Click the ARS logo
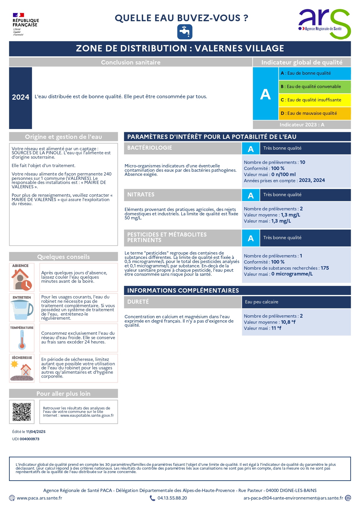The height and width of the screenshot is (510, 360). click(x=324, y=23)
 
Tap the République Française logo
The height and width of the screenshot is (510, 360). click(x=25, y=24)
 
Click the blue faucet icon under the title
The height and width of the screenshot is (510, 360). click(x=185, y=32)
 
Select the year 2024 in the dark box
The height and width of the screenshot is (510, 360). click(x=20, y=97)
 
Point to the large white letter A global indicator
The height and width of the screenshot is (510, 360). click(x=265, y=94)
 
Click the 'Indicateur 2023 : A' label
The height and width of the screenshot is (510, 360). click(x=302, y=125)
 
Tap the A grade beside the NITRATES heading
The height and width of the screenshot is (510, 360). click(x=251, y=196)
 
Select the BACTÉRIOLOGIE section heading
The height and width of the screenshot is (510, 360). click(x=150, y=148)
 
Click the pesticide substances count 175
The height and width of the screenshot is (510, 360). click(x=325, y=268)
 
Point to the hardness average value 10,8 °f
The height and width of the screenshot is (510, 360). click(x=288, y=322)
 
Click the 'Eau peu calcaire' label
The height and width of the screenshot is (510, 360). click(x=262, y=302)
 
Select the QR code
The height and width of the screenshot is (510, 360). click(x=22, y=412)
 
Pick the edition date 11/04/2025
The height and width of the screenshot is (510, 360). click(x=36, y=432)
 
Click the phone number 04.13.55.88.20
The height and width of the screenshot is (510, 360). click(x=172, y=498)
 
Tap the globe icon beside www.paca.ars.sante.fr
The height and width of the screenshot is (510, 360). click(x=12, y=498)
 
